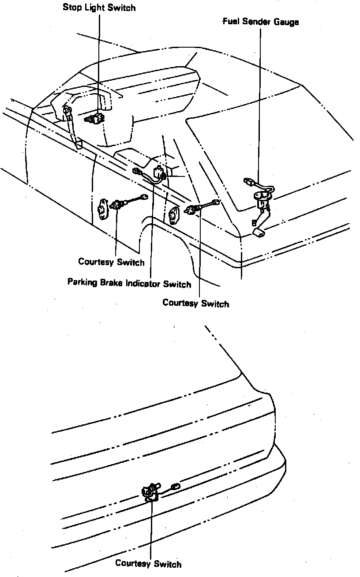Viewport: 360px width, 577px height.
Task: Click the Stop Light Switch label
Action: point(99,7)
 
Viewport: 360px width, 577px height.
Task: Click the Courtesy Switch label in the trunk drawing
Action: point(148,563)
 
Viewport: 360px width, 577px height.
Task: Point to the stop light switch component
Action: point(95,118)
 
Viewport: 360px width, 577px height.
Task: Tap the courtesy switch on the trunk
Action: point(150,492)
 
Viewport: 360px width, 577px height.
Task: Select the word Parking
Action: point(82,282)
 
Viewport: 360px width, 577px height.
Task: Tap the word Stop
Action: point(72,7)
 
